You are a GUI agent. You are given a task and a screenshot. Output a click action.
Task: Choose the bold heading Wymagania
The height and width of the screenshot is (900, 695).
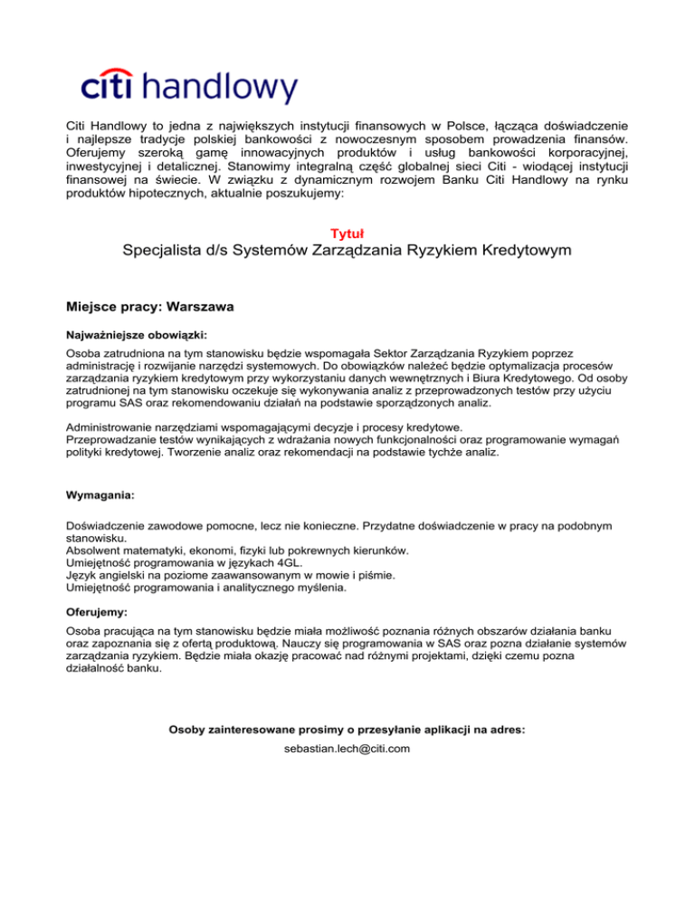(x=100, y=496)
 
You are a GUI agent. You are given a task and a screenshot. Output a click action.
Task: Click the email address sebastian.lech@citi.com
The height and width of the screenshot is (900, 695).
(x=347, y=749)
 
